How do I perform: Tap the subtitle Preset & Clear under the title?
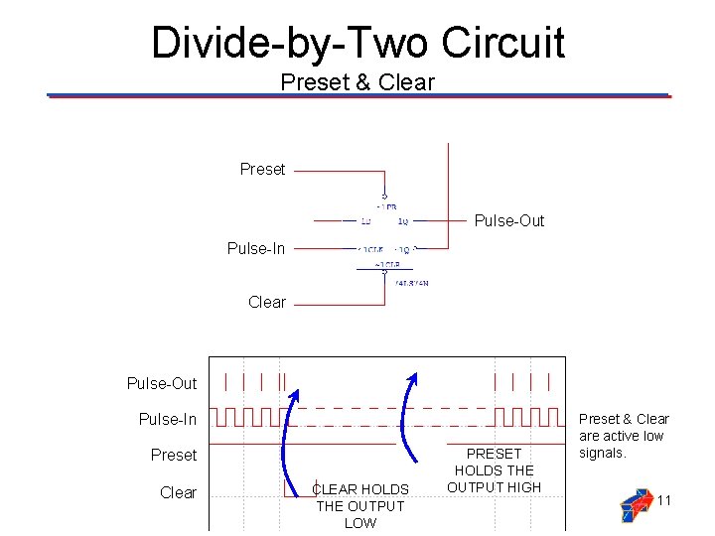[x=357, y=82]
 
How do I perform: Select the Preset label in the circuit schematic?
[x=262, y=170]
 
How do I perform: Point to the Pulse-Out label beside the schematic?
[x=509, y=221]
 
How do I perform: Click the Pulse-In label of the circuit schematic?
[x=256, y=248]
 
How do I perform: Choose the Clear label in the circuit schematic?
[x=267, y=302]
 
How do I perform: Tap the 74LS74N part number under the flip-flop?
[x=411, y=283]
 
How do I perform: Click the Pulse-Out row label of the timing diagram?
[x=162, y=383]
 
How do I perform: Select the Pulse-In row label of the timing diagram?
[x=168, y=420]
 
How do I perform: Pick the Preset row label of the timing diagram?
[x=174, y=456]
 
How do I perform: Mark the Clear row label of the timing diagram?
[x=179, y=492]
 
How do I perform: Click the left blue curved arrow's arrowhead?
[x=295, y=390]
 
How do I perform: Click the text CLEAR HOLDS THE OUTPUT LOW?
[x=359, y=505]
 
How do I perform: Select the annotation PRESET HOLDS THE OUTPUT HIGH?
[x=494, y=469]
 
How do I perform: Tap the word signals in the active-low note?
[x=603, y=453]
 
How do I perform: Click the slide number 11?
[x=664, y=500]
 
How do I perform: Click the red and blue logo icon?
[x=635, y=504]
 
